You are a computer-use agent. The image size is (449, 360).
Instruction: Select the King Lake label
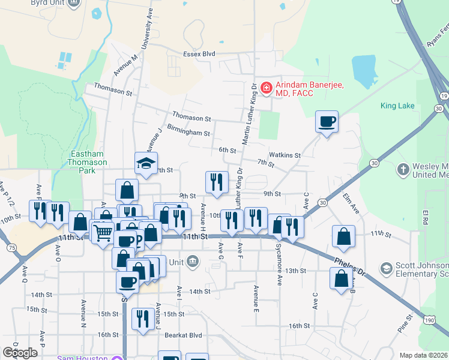[397, 106]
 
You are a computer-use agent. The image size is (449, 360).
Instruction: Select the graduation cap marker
[146, 164]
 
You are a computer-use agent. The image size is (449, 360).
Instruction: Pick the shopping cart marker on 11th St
[103, 231]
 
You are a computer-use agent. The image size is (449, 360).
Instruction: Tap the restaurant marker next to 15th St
[142, 318]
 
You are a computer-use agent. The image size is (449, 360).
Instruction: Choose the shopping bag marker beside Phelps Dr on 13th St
[341, 278]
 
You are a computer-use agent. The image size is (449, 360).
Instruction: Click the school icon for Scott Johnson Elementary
[386, 267]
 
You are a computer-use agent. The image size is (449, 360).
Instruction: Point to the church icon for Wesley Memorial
[403, 170]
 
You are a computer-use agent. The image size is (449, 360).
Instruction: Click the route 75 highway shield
[11, 247]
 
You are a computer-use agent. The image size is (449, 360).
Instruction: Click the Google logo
[20, 352]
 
